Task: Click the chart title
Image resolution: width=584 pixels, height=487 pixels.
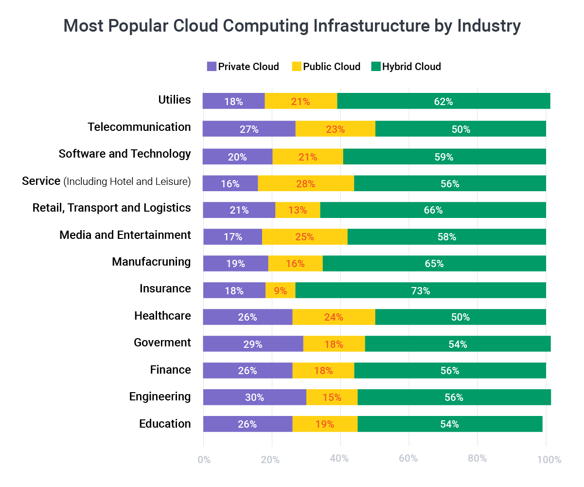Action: (292, 26)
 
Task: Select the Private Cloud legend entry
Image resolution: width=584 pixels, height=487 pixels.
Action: (243, 67)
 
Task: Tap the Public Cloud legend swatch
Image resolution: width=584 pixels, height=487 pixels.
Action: (296, 67)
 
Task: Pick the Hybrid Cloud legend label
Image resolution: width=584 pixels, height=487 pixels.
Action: (411, 67)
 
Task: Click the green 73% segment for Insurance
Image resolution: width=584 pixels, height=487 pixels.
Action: (420, 291)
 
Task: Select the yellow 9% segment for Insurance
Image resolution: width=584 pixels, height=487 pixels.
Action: (280, 291)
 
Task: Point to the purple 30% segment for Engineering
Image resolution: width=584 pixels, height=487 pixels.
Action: (254, 397)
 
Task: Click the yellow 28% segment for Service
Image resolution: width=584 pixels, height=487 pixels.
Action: (306, 183)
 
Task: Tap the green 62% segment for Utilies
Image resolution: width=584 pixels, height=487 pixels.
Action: (443, 102)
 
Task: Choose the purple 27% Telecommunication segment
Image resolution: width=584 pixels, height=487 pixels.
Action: (249, 129)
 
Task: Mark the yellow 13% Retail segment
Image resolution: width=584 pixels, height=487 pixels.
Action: (298, 210)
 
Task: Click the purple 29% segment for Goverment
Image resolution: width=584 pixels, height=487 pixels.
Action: (253, 344)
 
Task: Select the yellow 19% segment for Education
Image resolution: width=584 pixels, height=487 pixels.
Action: (325, 424)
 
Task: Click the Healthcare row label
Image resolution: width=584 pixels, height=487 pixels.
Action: (162, 316)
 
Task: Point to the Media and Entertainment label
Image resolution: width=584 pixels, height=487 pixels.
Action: (125, 235)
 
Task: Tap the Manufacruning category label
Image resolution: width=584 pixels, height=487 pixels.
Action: (151, 262)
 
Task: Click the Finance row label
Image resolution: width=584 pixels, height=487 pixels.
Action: (170, 370)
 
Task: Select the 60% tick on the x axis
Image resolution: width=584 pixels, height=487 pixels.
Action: (408, 459)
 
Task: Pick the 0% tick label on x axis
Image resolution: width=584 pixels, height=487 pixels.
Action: (204, 459)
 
